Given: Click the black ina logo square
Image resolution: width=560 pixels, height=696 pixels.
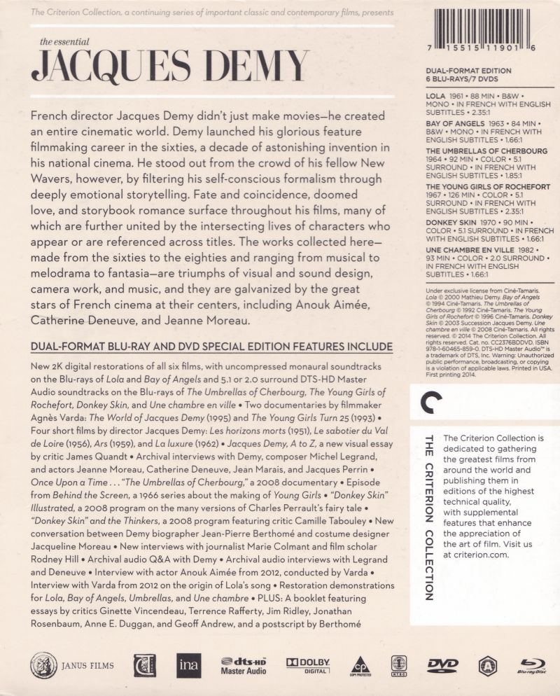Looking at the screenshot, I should tap(188, 665).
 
